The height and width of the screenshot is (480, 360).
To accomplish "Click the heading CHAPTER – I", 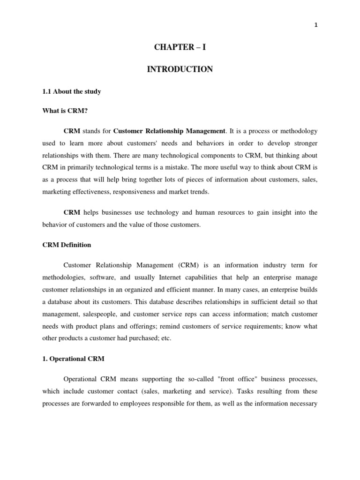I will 180,48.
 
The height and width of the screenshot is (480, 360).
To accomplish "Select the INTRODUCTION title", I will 180,69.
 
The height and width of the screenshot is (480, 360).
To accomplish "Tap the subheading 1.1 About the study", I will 71,91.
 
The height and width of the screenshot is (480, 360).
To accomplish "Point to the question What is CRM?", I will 65,111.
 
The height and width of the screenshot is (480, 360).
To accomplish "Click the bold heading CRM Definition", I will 67,245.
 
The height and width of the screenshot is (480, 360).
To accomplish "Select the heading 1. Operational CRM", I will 73,358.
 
